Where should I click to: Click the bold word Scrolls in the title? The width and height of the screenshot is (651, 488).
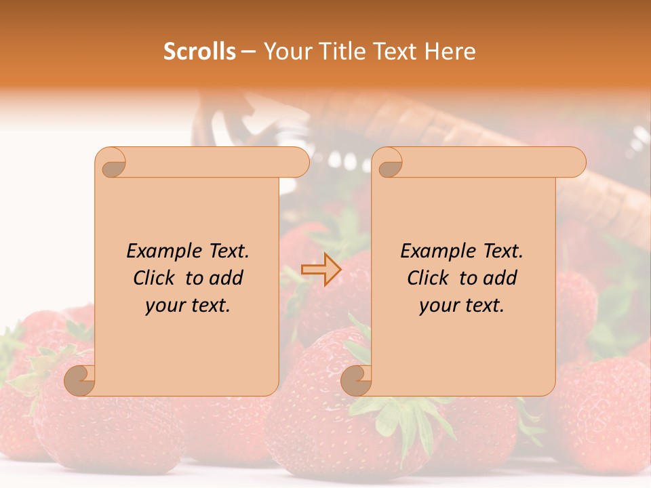[x=199, y=51]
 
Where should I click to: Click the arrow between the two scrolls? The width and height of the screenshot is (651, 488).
[x=321, y=270]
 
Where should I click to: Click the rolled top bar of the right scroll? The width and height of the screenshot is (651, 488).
[x=488, y=162]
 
